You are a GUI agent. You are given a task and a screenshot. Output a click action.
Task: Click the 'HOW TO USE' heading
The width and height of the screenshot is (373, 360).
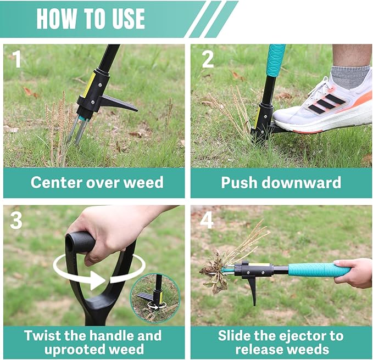[91, 19]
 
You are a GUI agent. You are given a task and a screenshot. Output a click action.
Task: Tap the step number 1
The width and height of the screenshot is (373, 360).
[18, 59]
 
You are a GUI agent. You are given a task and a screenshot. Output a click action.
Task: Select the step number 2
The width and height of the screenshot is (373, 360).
[207, 59]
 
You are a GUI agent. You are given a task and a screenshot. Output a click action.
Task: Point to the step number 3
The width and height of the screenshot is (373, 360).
[17, 220]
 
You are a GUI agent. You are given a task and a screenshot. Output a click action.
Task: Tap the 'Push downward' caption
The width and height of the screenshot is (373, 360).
[281, 183]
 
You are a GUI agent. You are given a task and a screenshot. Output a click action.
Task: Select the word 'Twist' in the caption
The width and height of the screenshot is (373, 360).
[46, 335]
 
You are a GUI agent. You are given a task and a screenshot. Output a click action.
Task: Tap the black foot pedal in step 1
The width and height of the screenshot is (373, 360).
[118, 103]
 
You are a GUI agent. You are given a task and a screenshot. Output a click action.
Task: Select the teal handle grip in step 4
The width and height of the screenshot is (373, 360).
[319, 269]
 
